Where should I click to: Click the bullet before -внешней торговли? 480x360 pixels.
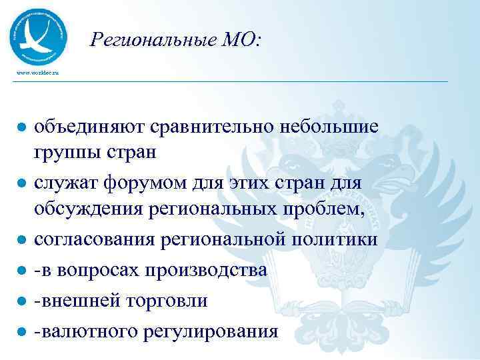pyautogui.click(x=21, y=301)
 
